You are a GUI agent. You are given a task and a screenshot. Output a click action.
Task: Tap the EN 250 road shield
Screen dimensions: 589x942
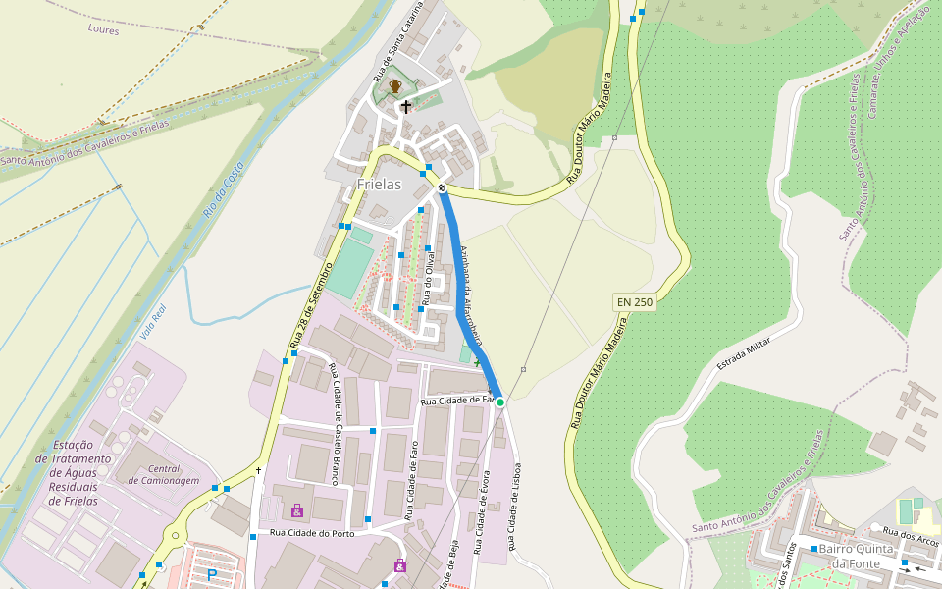634,302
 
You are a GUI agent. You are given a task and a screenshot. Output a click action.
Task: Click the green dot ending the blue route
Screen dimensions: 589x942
499,402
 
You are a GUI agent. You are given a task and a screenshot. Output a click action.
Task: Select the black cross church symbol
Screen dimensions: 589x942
405,107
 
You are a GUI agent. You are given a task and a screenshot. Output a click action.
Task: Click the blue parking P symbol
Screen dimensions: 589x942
210,574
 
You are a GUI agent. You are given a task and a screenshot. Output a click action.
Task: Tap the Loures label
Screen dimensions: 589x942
103,30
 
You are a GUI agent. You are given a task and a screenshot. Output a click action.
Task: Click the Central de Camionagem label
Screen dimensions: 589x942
165,475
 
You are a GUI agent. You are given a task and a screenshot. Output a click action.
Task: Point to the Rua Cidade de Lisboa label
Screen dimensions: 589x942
513,507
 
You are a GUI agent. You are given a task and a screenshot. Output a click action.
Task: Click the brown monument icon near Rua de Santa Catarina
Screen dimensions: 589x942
394,86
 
